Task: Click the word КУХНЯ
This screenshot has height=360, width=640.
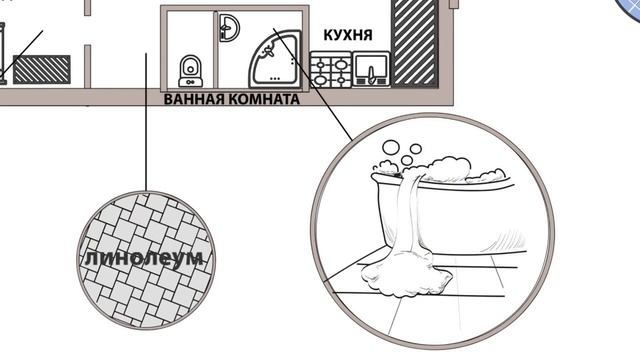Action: pyautogui.click(x=348, y=35)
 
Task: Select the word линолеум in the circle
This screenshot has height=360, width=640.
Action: pyautogui.click(x=144, y=259)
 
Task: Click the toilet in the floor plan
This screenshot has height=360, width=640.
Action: pyautogui.click(x=191, y=71)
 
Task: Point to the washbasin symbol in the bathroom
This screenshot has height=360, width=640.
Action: pyautogui.click(x=229, y=28)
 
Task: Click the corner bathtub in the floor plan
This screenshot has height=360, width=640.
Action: pyautogui.click(x=275, y=59)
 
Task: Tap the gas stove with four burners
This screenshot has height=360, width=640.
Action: pyautogui.click(x=331, y=69)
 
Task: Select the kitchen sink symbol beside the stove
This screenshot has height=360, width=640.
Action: pyautogui.click(x=371, y=69)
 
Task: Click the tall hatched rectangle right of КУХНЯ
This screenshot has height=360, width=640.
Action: pyautogui.click(x=415, y=43)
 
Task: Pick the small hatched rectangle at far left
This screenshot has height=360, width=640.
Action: pyautogui.click(x=42, y=69)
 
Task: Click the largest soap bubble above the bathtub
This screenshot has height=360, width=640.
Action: pyautogui.click(x=391, y=147)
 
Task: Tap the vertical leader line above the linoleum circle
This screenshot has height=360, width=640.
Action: pyautogui.click(x=146, y=122)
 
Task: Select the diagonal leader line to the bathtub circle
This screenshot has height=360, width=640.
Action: pyautogui.click(x=313, y=84)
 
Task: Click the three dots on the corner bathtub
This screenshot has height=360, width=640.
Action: pyautogui.click(x=276, y=78)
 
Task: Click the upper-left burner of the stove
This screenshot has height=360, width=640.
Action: pyautogui.click(x=321, y=64)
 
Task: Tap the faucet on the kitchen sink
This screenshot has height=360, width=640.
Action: pyautogui.click(x=371, y=76)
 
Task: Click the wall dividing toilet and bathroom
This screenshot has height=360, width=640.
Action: pyautogui.click(x=215, y=49)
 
